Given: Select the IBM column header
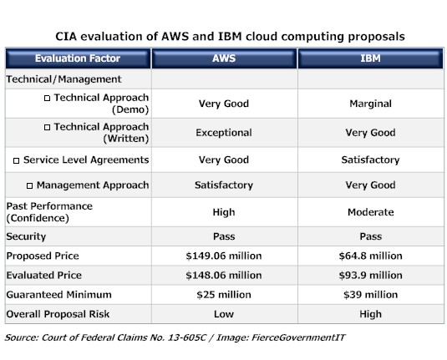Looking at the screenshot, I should [370, 58].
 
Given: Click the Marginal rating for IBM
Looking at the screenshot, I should [370, 104].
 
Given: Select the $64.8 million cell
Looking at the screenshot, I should [370, 256].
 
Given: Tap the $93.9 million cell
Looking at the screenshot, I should [370, 275].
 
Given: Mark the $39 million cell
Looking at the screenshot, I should [370, 294].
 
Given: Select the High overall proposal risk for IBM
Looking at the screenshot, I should [370, 313].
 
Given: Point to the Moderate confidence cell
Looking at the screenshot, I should [370, 212].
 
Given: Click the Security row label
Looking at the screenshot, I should [26, 236].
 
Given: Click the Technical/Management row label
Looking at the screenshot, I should [63, 79].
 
